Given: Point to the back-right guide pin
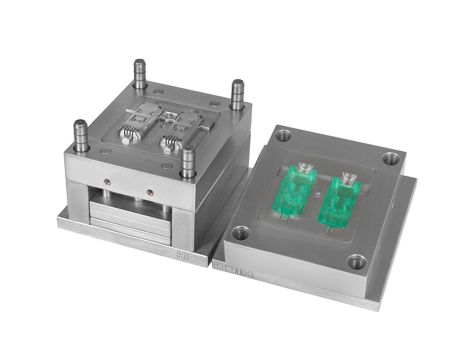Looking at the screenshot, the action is (238, 95).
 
